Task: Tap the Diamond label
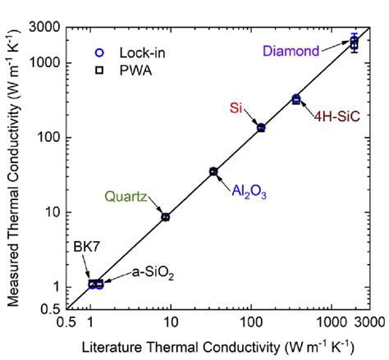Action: click(291, 51)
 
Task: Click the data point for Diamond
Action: click(355, 42)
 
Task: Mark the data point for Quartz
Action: click(166, 216)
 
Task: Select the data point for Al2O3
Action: click(213, 171)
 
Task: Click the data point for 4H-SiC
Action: click(296, 99)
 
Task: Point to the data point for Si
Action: click(261, 128)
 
